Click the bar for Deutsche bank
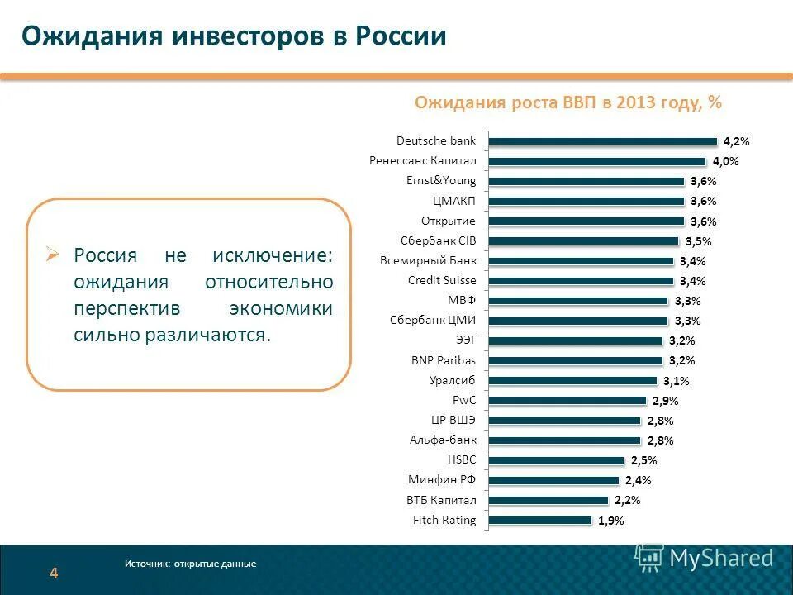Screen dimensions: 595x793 [603, 141]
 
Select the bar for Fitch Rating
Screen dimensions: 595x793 [540, 521]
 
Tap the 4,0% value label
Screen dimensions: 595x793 [725, 162]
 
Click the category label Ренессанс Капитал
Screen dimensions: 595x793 [422, 161]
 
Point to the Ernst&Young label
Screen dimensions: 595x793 [441, 181]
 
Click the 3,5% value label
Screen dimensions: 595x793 [698, 242]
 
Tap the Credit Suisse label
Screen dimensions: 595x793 [442, 281]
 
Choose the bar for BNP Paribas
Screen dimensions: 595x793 [576, 361]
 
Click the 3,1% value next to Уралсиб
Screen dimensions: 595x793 [676, 381]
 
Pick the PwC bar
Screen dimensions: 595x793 [567, 401]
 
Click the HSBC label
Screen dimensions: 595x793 [461, 460]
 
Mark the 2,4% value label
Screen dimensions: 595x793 [638, 481]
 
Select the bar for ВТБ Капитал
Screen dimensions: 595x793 [548, 501]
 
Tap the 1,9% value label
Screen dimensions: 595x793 [610, 521]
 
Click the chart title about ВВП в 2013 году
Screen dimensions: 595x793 [567, 102]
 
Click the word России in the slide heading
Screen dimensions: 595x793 [401, 36]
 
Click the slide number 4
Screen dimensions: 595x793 [54, 574]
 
